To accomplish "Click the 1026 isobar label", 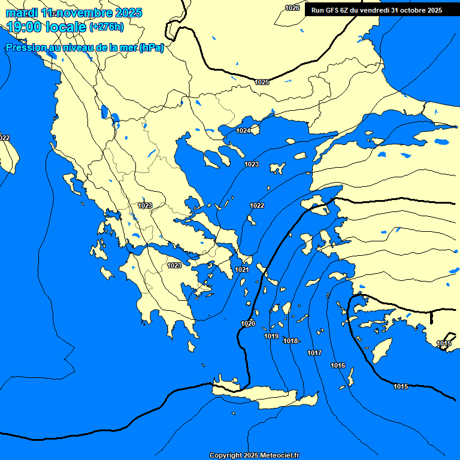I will pyautogui.click(x=292, y=8).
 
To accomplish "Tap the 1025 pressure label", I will pyautogui.click(x=262, y=82).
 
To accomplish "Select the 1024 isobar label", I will pyautogui.click(x=243, y=131).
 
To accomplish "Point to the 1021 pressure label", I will pyautogui.click(x=242, y=270).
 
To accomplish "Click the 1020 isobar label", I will pyautogui.click(x=248, y=323).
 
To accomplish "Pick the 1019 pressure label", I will pyautogui.click(x=271, y=336).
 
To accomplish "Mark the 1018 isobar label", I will pyautogui.click(x=290, y=341).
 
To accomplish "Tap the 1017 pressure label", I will pyautogui.click(x=314, y=353).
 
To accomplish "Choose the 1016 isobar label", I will pyautogui.click(x=338, y=365).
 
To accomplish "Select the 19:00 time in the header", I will pyautogui.click(x=24, y=27).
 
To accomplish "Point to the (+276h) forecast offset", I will pyautogui.click(x=107, y=27).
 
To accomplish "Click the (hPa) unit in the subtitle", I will pyautogui.click(x=151, y=49).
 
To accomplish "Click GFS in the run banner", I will pyautogui.click(x=336, y=10).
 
